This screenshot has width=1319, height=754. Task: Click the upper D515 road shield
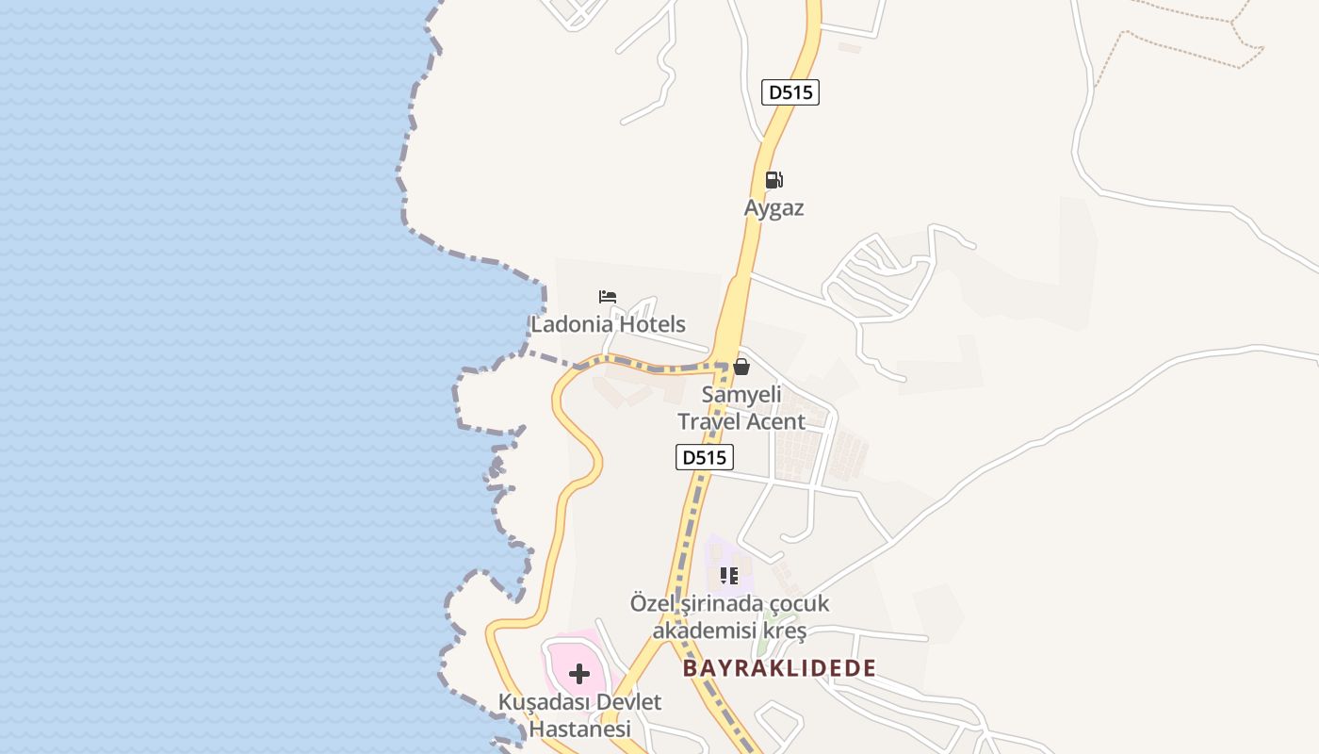790,92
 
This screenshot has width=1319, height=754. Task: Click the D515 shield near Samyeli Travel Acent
704,457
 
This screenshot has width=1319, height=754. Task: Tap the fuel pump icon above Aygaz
773,180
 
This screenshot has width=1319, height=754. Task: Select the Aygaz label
773,208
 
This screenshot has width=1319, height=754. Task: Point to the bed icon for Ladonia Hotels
608,297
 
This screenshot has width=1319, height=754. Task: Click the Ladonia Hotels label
608,324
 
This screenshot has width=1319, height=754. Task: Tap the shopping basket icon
741,367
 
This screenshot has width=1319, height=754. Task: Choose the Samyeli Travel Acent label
741,408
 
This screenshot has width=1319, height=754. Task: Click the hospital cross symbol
579,673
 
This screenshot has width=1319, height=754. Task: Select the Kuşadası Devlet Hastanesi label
579,715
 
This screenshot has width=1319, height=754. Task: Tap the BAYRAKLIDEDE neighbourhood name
779,668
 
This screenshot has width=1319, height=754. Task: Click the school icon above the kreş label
728,575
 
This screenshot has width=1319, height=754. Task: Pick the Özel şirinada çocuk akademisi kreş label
729,616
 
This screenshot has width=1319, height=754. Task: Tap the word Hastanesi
579,729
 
